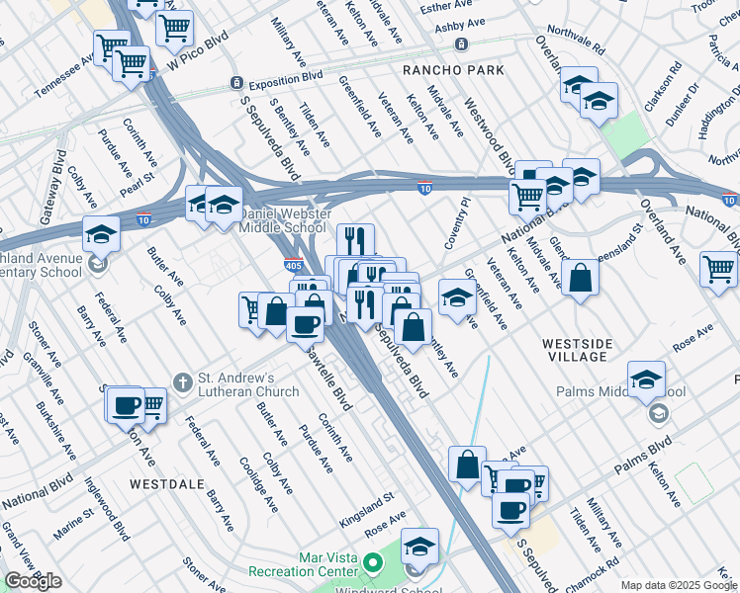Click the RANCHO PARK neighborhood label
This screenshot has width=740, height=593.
coord(453,70)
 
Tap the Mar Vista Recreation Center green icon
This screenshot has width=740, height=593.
coord(372,563)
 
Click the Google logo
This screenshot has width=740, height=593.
coord(33,581)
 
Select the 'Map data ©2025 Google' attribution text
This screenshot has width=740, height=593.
coord(679,585)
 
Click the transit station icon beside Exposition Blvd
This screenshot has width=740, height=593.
coord(236,84)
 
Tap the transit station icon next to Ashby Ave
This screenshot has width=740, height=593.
coord(461,44)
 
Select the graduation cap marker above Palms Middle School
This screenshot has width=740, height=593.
coord(646,379)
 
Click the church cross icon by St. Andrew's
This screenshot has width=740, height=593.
coord(182,381)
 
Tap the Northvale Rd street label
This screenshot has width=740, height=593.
coord(576,39)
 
